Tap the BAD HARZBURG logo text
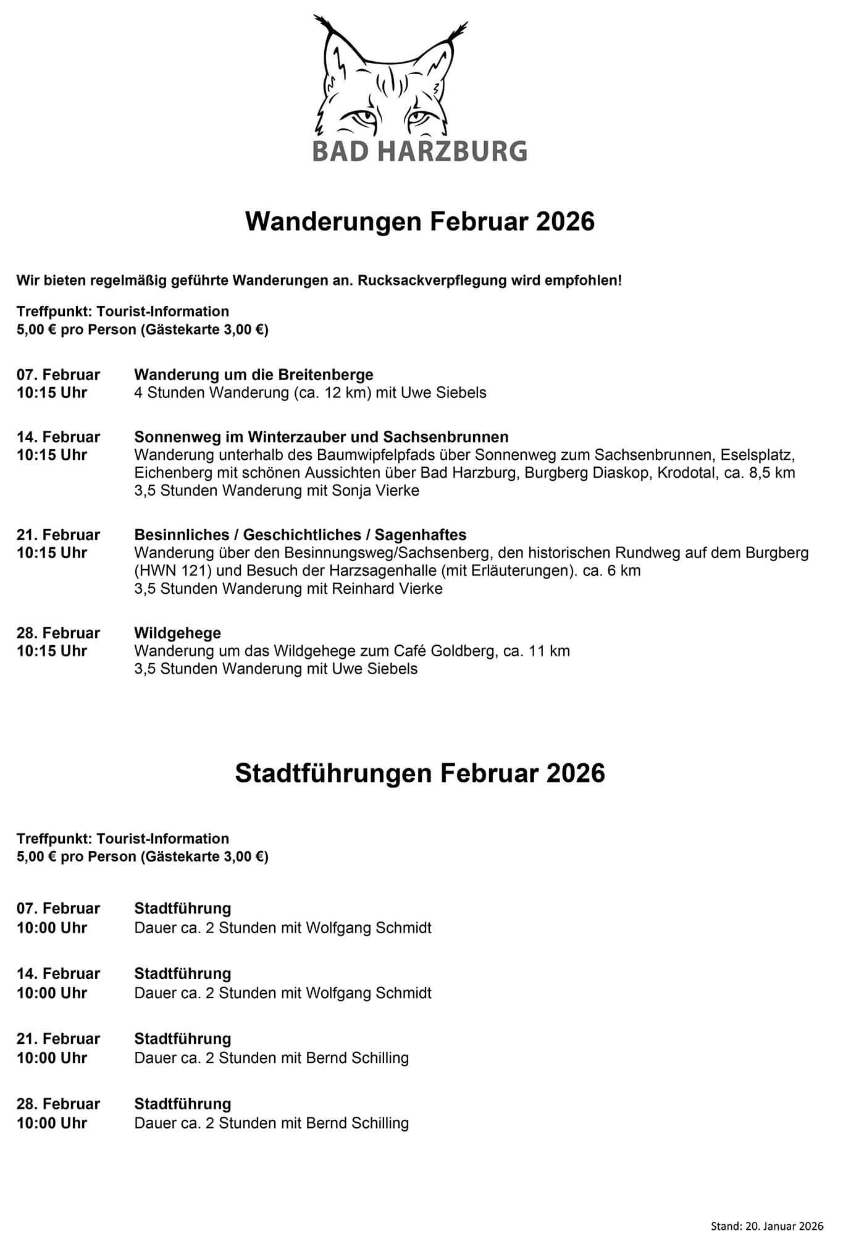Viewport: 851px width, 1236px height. (x=419, y=150)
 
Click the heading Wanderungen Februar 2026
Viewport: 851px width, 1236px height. (x=419, y=221)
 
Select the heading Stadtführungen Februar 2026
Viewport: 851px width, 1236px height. (x=419, y=773)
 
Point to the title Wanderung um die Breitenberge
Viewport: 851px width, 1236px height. (x=254, y=375)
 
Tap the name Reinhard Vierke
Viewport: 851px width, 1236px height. (x=387, y=588)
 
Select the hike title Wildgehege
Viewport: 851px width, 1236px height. (x=177, y=633)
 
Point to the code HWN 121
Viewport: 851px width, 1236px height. (x=171, y=570)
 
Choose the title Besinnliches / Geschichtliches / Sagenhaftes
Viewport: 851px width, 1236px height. (x=300, y=535)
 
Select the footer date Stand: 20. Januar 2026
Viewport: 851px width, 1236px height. (x=767, y=1209)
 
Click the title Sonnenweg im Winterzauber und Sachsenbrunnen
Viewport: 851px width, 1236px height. (x=321, y=437)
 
